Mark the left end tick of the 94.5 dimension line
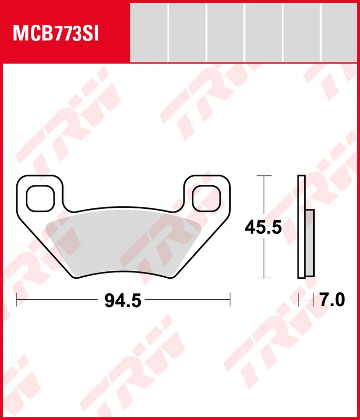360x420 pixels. [x=17, y=300]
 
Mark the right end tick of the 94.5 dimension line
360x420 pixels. [x=230, y=300]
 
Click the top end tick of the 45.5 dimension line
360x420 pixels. [x=264, y=176]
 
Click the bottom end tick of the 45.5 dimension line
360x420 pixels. [x=264, y=278]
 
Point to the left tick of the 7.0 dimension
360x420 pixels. [x=299, y=300]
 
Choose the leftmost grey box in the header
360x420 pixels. [x=149, y=32]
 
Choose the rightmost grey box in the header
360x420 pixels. [x=340, y=32]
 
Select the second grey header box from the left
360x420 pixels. [x=187, y=32]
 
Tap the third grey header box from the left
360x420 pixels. [x=225, y=32]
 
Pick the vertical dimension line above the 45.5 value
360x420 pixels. [x=264, y=197]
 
